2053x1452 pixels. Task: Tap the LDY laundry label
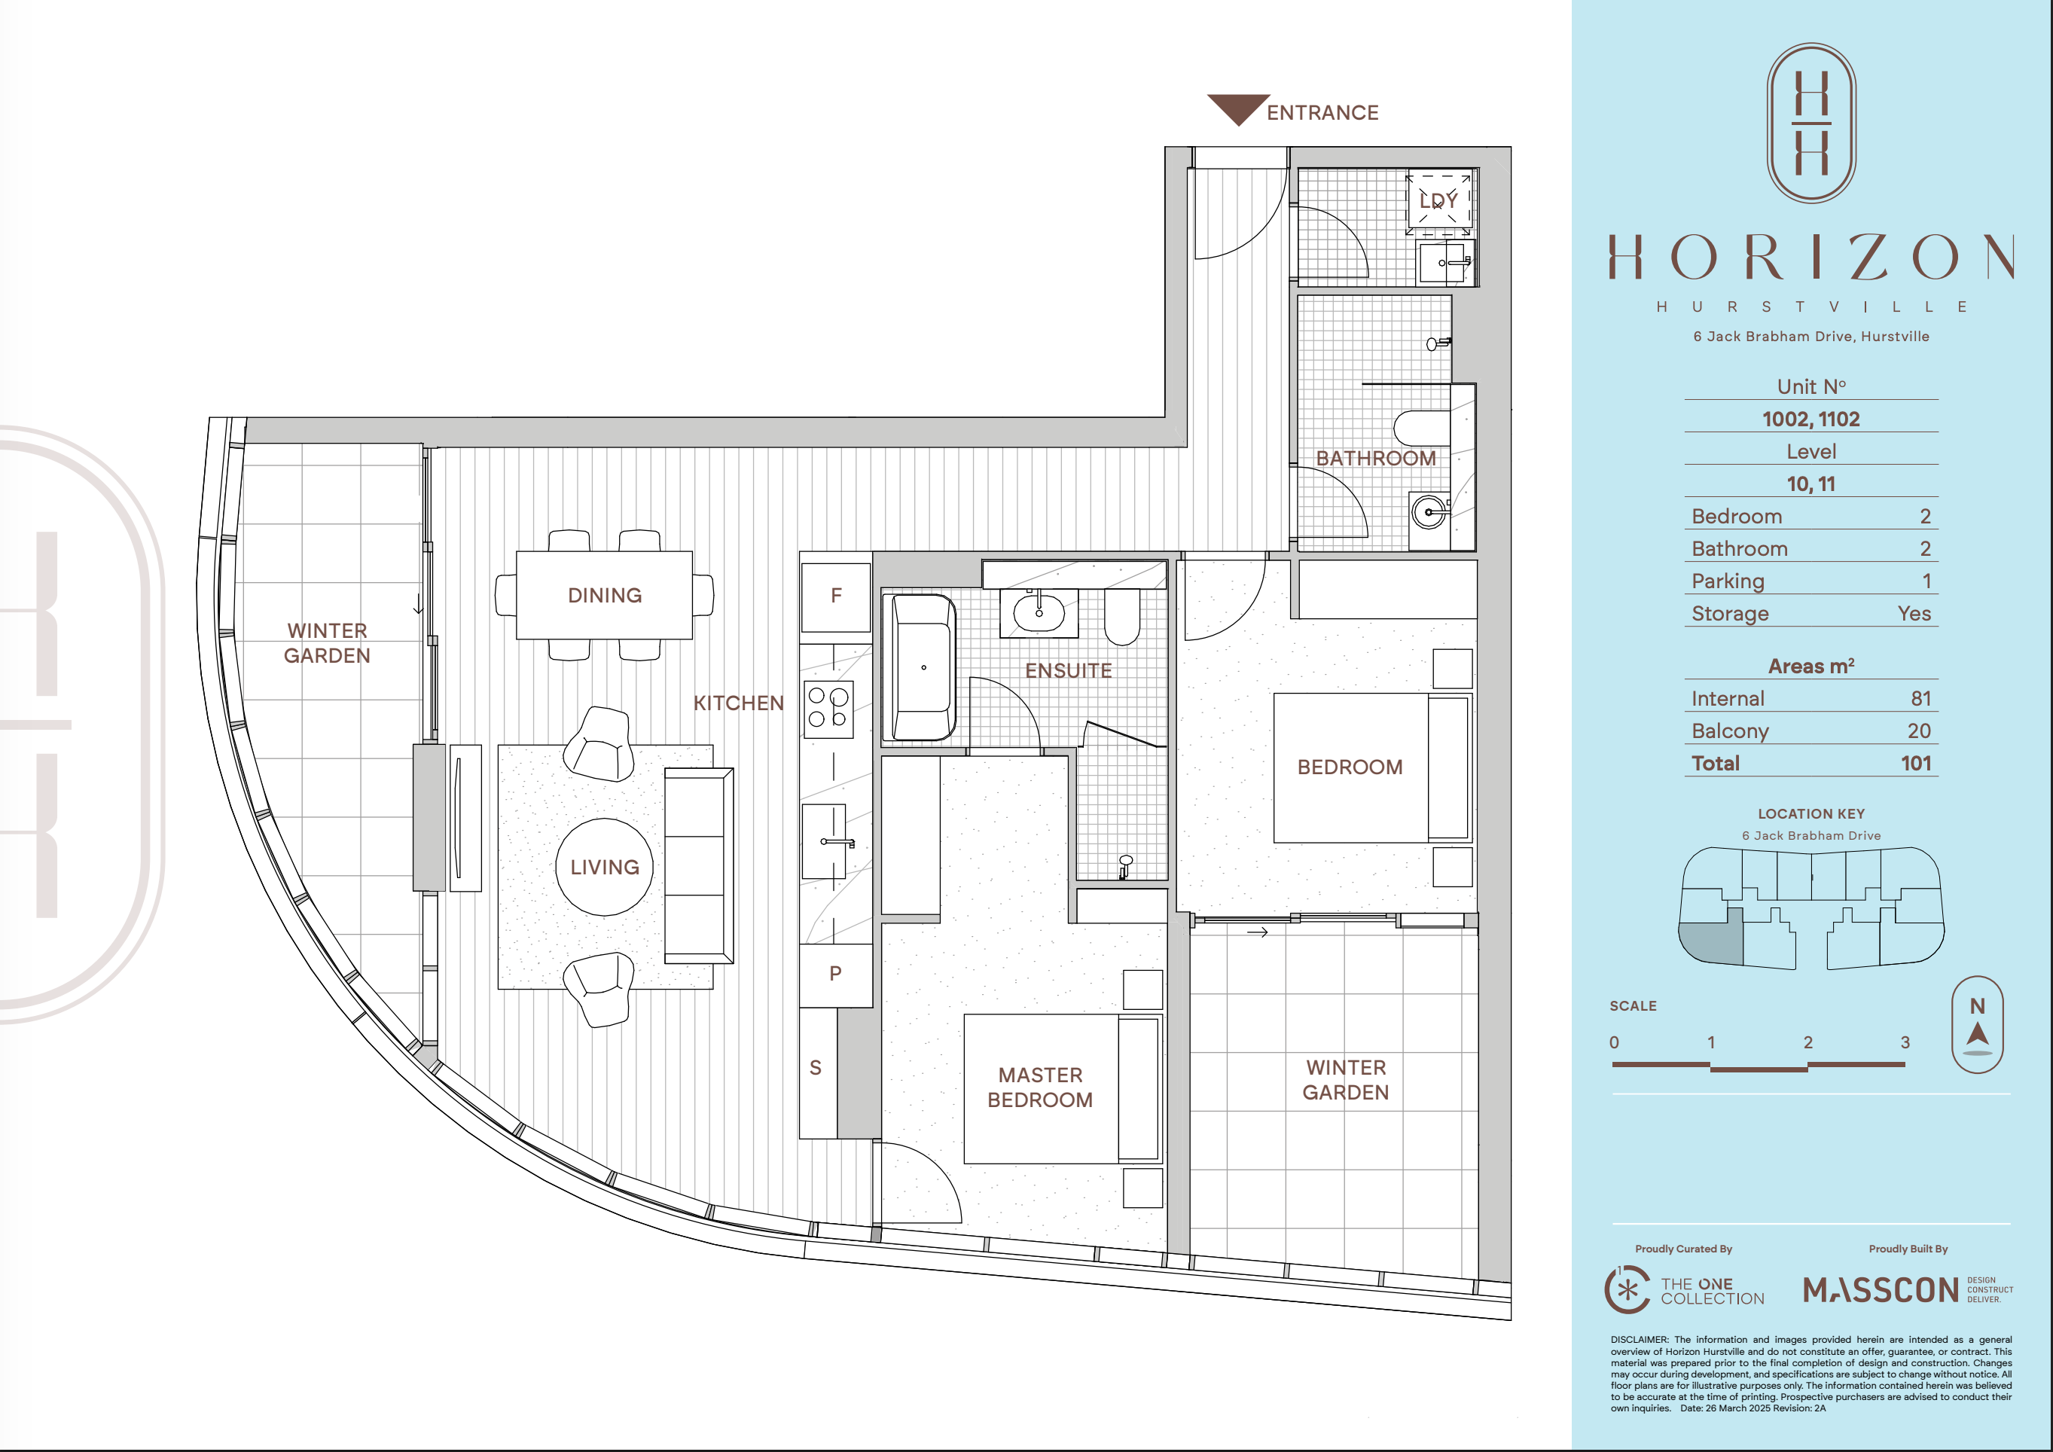click(1438, 201)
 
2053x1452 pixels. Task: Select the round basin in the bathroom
click(1429, 512)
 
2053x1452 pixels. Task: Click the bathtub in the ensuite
click(920, 667)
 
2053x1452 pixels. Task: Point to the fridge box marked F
click(836, 597)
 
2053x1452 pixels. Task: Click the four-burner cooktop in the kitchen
click(828, 709)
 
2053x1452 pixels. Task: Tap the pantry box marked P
click(836, 975)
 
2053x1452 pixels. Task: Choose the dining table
click(605, 594)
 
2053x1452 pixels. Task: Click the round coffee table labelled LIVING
click(605, 868)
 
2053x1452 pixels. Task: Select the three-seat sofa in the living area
click(699, 865)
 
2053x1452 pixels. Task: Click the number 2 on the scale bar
click(1808, 1042)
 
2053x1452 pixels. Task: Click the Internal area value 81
click(1920, 698)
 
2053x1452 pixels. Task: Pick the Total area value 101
click(1916, 764)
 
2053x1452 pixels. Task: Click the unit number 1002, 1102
click(1810, 419)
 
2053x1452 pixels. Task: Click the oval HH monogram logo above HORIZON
click(1811, 124)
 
